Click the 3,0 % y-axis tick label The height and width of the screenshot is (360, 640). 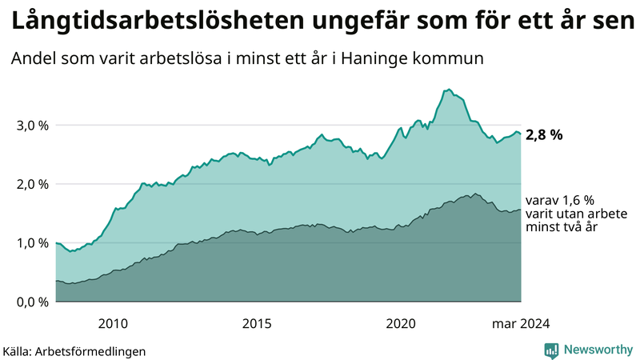pos(32,126)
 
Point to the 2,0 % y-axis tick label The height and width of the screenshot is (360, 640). pos(32,184)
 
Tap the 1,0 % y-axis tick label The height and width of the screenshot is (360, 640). pos(32,243)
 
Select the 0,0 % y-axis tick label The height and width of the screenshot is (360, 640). pos(32,302)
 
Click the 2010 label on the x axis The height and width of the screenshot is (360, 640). pos(113,323)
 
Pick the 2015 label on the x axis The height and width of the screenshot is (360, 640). pos(257,323)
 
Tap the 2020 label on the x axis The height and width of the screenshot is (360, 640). pos(401,323)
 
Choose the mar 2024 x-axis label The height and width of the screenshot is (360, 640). pos(521,323)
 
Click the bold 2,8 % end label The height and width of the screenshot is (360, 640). pos(544,135)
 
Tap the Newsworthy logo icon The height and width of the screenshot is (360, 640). pos(551,350)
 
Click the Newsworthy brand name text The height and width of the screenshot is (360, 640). pos(597,350)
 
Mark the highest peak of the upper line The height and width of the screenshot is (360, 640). pos(450,89)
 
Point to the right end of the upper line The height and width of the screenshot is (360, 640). pos(521,134)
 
